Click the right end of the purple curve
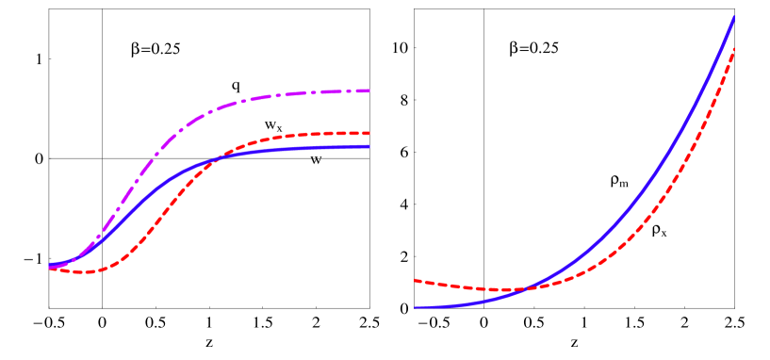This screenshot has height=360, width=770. point(369,90)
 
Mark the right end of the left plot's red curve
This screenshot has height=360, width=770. point(369,133)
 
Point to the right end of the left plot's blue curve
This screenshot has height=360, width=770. point(369,146)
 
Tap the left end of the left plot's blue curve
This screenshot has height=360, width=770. point(50,265)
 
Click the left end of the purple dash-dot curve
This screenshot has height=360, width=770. point(50,267)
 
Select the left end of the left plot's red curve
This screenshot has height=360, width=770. point(50,269)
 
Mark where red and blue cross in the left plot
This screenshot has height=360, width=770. point(216,159)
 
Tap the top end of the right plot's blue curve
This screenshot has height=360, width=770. point(734,16)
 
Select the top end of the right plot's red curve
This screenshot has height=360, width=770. point(734,48)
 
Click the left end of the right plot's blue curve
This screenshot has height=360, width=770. point(416,307)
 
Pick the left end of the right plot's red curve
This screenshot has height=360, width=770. point(416,280)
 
